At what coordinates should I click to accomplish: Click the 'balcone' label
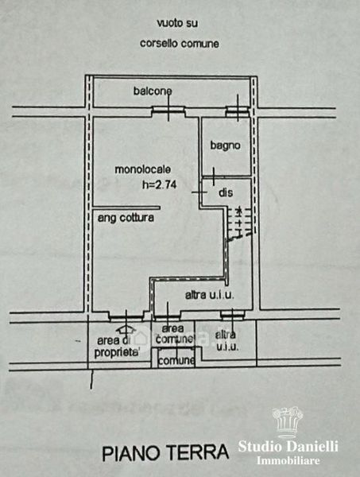click(153, 91)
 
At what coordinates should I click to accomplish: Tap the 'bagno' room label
click(226, 145)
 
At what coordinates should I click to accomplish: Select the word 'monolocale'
click(142, 169)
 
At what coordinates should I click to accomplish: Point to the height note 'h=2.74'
click(159, 184)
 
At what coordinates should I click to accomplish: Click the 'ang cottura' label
click(126, 218)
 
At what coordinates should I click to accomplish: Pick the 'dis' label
click(226, 192)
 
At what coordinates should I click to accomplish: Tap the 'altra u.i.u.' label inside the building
click(210, 295)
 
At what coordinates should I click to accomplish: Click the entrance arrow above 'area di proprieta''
click(126, 328)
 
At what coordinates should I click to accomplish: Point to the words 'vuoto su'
click(177, 23)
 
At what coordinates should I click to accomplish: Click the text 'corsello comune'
click(180, 44)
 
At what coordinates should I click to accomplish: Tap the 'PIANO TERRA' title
click(165, 453)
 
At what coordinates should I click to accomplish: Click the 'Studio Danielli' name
click(288, 446)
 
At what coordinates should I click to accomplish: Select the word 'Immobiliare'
click(288, 460)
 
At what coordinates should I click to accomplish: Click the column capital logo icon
click(288, 421)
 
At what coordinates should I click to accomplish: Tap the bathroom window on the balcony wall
click(238, 111)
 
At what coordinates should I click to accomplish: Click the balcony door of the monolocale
click(168, 111)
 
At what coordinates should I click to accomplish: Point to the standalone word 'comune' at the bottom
click(176, 361)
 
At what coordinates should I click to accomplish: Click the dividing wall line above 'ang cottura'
click(126, 208)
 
